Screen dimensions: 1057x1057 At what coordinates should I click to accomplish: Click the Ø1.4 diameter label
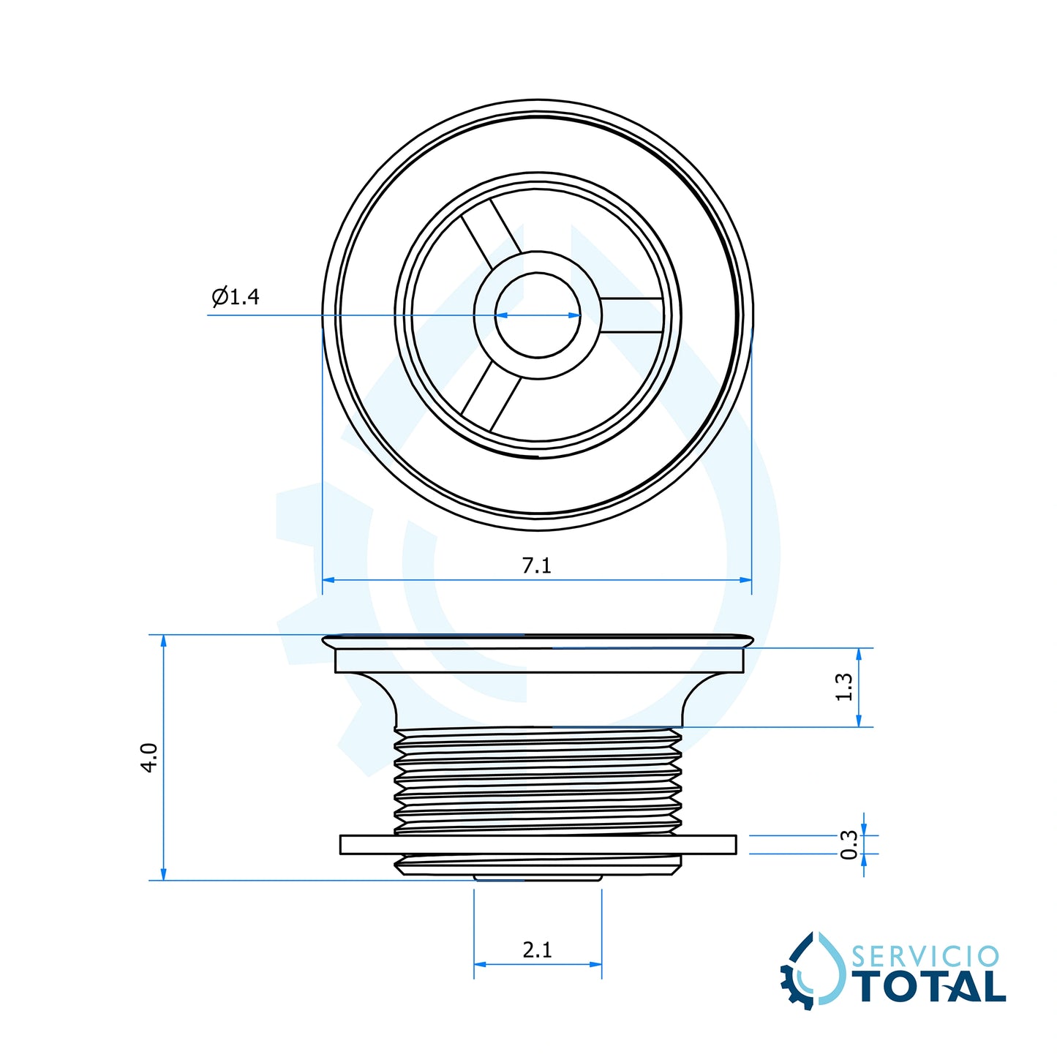click(236, 296)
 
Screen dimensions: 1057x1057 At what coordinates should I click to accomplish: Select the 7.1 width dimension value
click(536, 565)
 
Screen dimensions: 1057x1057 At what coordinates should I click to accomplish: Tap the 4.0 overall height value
click(149, 757)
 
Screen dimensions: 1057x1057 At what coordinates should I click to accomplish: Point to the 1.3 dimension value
click(844, 687)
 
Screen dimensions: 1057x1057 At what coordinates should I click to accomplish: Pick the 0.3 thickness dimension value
click(849, 844)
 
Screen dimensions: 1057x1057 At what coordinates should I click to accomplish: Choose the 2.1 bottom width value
click(537, 949)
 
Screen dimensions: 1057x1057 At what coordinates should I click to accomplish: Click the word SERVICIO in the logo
click(925, 957)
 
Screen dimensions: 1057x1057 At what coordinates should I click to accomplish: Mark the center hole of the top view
click(538, 315)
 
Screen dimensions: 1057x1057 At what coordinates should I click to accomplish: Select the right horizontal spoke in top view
click(631, 315)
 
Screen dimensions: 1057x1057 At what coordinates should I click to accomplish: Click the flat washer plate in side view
click(538, 844)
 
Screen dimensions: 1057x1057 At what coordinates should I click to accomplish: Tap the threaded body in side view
click(538, 779)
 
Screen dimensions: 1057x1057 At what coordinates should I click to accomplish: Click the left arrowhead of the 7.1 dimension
click(328, 580)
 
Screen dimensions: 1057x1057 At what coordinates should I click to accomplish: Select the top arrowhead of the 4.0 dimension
click(163, 641)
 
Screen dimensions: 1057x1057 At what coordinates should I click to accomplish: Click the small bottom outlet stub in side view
click(538, 876)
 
